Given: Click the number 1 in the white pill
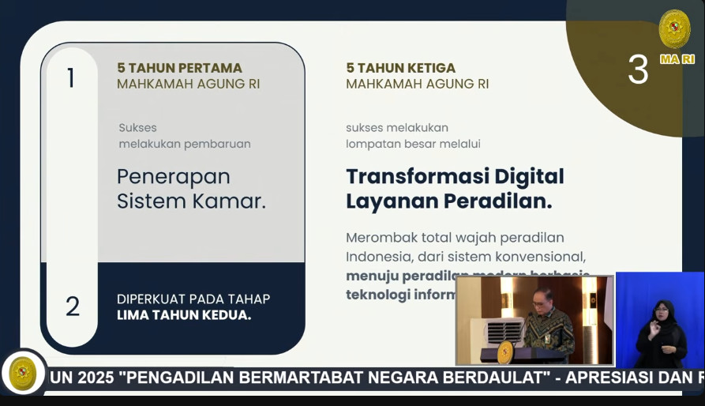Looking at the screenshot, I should pyautogui.click(x=71, y=78).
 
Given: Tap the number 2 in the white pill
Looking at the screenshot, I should pyautogui.click(x=73, y=306).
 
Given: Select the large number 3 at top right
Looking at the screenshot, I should pyautogui.click(x=638, y=70).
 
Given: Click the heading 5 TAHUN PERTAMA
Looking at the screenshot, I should pyautogui.click(x=179, y=68).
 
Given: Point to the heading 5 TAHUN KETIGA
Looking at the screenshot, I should pyautogui.click(x=400, y=68).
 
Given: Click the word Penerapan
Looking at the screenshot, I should pyautogui.click(x=173, y=176).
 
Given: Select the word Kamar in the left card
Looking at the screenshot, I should pyautogui.click(x=229, y=201).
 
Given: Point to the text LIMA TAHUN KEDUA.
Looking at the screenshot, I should pyautogui.click(x=184, y=315).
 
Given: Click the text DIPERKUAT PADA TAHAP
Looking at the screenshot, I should pyautogui.click(x=193, y=299).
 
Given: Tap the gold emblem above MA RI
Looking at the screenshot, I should pyautogui.click(x=674, y=28).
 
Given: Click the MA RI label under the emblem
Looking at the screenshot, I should pyautogui.click(x=677, y=59).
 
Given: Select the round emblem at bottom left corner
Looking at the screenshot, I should pyautogui.click(x=21, y=373).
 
